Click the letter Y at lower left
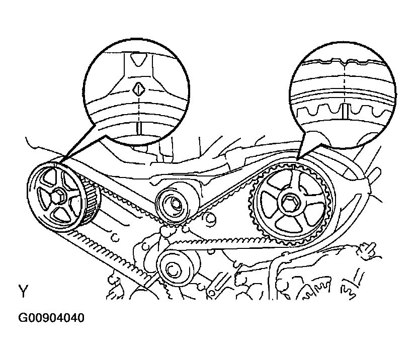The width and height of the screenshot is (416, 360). coord(23,291)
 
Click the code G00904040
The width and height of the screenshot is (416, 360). coord(51,318)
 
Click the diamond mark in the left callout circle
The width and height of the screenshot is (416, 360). coord(138,89)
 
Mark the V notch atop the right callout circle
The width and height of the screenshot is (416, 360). coord(345,63)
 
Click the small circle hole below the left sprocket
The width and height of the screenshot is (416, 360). coord(115,237)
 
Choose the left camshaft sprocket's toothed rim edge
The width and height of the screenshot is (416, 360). coord(91,202)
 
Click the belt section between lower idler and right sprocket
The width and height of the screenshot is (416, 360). coord(212,241)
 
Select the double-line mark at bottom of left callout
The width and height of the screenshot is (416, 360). coord(139,128)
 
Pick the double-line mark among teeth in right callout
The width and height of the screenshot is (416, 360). coord(345,111)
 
